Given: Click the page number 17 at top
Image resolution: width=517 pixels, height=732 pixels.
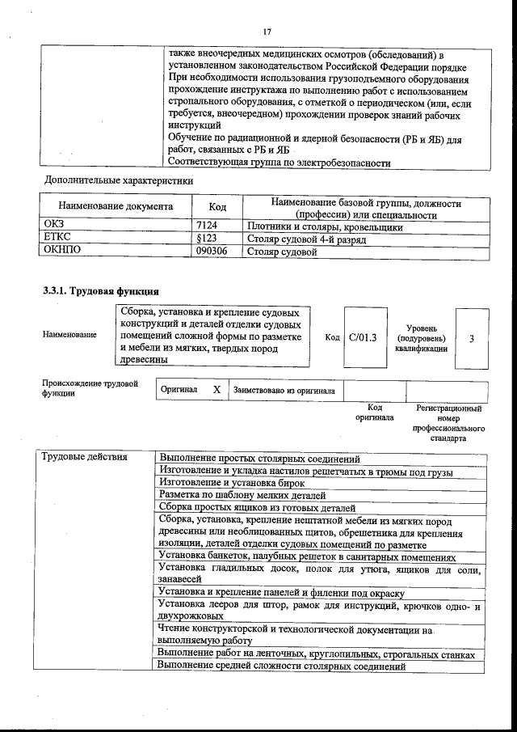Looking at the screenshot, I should tap(267, 32).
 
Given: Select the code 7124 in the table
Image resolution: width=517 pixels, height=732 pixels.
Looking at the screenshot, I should tap(208, 227).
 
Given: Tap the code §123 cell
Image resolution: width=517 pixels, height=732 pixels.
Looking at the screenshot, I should tap(208, 240).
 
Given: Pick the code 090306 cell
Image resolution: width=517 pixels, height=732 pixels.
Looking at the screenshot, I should tap(212, 252).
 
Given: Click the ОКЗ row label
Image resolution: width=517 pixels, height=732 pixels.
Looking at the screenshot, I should tap(53, 227).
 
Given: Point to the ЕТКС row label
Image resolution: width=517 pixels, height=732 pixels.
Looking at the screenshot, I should tap(57, 240).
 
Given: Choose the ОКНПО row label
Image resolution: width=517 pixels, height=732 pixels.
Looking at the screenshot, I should tap(61, 252).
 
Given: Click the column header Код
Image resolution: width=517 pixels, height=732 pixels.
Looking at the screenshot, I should tap(217, 207).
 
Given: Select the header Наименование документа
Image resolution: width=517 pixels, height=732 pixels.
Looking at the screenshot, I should tap(116, 207).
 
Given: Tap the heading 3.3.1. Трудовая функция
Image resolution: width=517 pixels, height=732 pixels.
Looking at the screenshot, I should tap(101, 290).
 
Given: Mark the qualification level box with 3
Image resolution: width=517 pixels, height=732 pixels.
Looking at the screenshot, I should tap(471, 338).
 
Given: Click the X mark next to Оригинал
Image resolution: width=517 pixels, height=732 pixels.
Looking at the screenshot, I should tap(216, 390).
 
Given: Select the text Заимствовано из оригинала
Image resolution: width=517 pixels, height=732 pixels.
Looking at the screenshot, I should tap(284, 390).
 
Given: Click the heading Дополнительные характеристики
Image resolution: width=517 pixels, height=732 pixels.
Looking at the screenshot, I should tap(119, 180).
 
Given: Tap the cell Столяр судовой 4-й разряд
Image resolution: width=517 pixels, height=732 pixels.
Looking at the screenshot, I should tap(307, 240).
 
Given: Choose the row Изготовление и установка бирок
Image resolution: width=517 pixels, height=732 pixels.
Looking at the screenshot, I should tap(222, 483).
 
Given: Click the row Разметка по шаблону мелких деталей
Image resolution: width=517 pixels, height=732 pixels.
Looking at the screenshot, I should tap(242, 495).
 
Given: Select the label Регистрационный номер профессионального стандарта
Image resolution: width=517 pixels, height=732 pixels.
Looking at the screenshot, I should tap(448, 424).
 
